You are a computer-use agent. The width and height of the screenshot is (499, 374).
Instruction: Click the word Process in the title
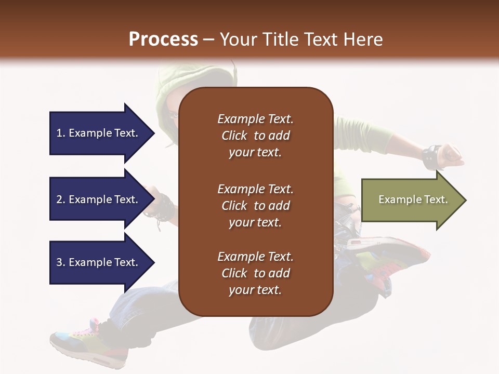point(163,39)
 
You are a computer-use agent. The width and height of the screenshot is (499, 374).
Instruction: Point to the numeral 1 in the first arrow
point(59,133)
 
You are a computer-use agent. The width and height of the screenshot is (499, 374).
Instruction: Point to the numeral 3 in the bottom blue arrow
point(59,262)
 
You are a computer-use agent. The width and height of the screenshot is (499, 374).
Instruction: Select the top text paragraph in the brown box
point(255,136)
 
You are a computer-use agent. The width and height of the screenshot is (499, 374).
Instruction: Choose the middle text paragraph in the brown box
point(255,205)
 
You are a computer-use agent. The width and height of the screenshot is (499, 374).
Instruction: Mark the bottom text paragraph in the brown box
point(255,273)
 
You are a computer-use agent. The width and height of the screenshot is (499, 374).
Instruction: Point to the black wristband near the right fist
point(430,156)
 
